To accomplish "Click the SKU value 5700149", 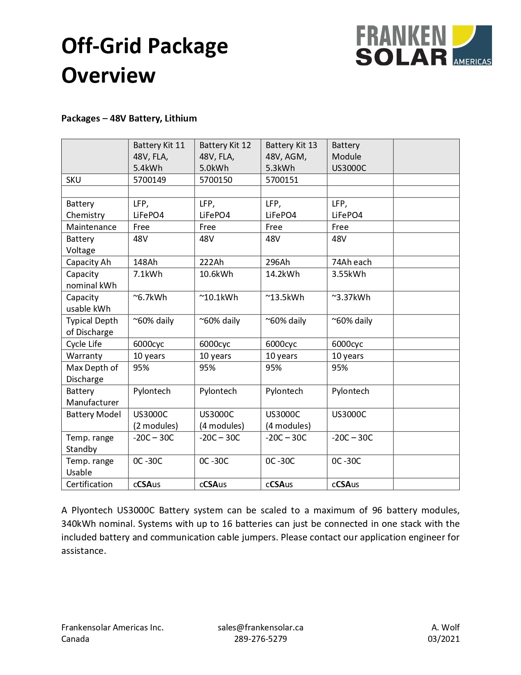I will point(150,180).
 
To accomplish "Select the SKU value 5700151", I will point(282,180).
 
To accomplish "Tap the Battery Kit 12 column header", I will point(225,157).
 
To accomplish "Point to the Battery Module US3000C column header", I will point(349,157).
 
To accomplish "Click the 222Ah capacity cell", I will point(212,262).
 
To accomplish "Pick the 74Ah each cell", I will point(351,262).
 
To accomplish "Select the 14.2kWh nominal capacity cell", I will point(282,274).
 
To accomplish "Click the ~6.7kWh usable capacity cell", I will point(150,297).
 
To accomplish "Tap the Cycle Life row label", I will point(84,344).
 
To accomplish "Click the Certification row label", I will point(89,484).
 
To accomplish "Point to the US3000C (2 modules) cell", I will point(155,420).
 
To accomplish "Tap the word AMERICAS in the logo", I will point(472,62).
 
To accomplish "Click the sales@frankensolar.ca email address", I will point(260,628).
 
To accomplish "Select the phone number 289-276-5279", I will point(260,639).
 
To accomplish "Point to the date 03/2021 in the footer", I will point(443,639).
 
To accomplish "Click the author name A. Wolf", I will point(445,628).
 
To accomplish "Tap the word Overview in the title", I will point(108,76).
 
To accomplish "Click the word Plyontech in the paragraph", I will point(92,511).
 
